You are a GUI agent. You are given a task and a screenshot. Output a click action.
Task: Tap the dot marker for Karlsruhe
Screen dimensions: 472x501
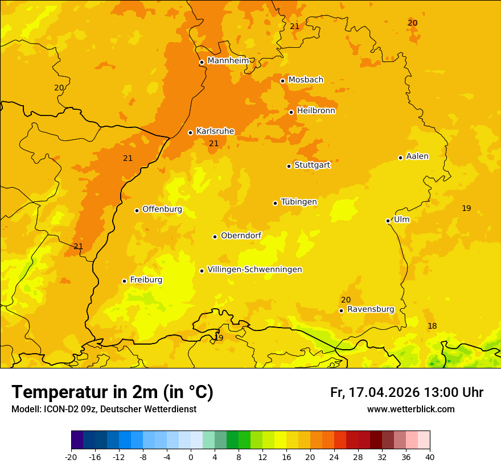click(191, 133)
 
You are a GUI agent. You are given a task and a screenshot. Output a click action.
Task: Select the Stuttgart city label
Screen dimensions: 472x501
click(312, 165)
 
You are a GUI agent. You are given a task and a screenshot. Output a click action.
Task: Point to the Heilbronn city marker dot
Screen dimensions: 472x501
click(291, 112)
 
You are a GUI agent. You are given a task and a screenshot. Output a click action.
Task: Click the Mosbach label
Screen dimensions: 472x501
click(306, 80)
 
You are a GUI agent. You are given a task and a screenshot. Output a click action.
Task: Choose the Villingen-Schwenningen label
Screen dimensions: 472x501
click(254, 270)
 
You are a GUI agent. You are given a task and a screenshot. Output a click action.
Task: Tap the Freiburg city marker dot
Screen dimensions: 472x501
click(125, 281)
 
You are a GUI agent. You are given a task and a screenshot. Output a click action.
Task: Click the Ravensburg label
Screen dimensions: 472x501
click(370, 309)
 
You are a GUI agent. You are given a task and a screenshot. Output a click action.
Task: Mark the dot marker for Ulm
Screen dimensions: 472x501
click(388, 221)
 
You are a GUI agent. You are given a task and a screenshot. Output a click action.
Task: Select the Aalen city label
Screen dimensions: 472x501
click(417, 156)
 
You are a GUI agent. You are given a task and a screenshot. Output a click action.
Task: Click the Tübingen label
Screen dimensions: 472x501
click(299, 202)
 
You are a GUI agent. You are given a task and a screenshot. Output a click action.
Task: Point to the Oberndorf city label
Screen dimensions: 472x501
click(241, 235)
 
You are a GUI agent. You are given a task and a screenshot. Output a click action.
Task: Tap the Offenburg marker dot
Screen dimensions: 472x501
click(137, 210)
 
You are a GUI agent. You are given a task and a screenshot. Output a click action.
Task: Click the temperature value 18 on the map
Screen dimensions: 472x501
click(432, 326)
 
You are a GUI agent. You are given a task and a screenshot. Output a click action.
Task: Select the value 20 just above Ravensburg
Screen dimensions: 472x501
click(346, 300)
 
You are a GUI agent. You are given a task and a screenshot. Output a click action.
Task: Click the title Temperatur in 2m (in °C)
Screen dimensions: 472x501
click(112, 392)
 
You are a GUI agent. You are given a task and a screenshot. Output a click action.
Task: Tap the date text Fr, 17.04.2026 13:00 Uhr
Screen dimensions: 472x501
click(406, 392)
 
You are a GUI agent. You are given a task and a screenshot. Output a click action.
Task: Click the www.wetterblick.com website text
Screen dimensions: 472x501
click(410, 409)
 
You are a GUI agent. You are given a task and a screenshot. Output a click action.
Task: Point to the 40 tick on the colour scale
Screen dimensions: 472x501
click(430, 457)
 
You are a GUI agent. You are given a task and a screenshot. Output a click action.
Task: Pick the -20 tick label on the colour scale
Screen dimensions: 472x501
click(71, 457)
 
